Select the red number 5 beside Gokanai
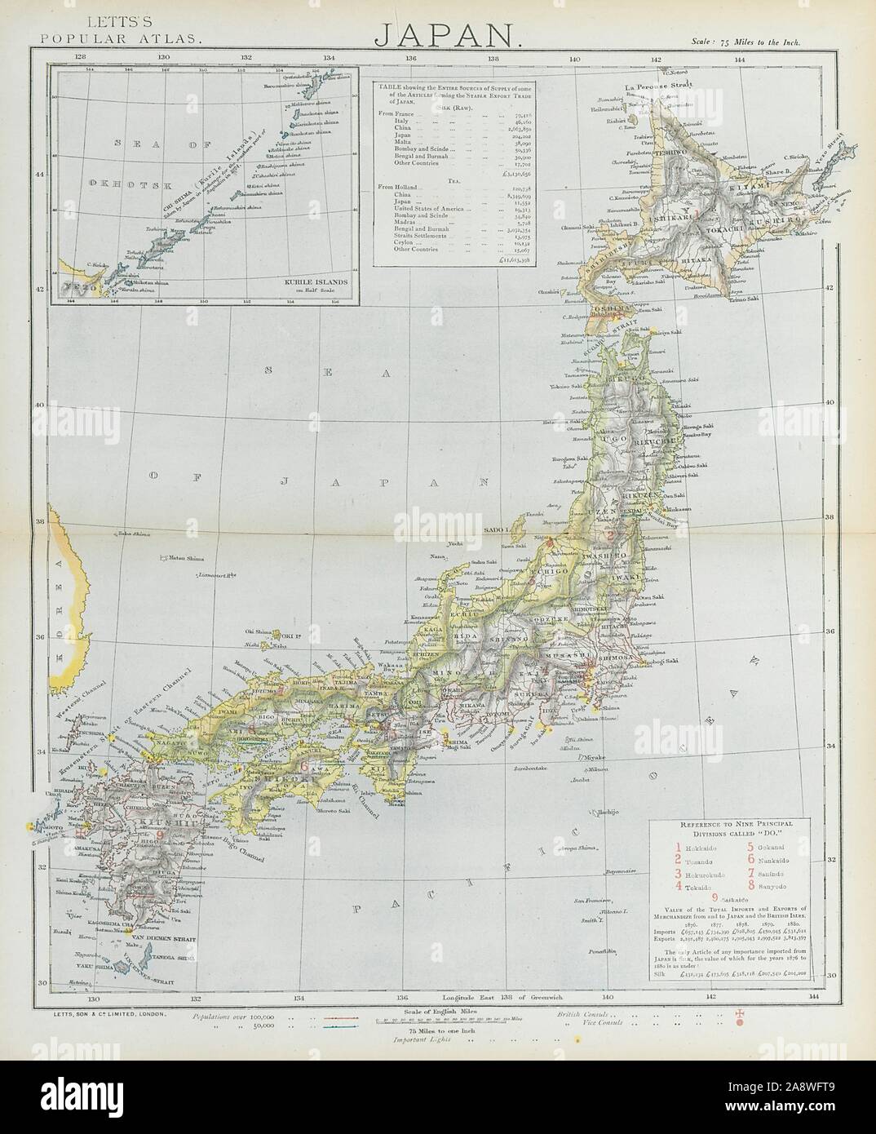pos(750,831)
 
